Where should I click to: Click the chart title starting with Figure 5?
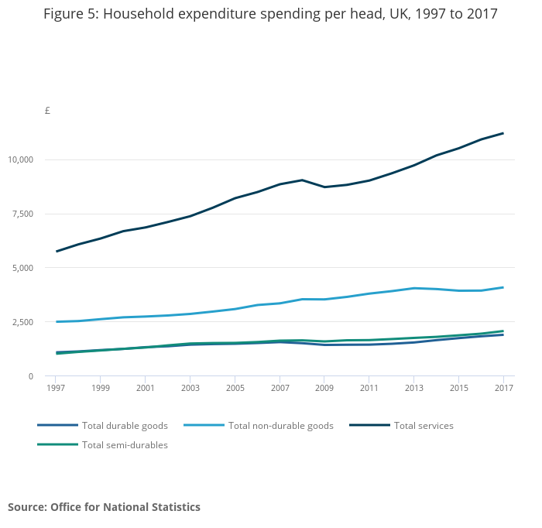coord(270,15)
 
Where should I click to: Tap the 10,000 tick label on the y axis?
coord(21,159)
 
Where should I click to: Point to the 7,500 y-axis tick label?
coord(23,214)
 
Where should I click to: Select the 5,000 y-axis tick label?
coord(23,268)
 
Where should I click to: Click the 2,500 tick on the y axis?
coord(23,322)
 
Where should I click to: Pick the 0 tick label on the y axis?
coord(31,376)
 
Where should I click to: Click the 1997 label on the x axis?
coord(56,388)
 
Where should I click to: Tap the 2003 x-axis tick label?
coord(190,388)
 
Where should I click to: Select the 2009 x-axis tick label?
coord(324,388)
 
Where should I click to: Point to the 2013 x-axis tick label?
coord(414,388)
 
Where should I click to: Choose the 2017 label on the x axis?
coord(504,388)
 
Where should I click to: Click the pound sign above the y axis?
coord(47,111)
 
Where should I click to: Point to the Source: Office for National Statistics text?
coord(104,507)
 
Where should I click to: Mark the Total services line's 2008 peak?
coord(302,180)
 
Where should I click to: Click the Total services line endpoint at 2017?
coord(504,133)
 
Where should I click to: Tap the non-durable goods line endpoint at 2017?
coord(504,287)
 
